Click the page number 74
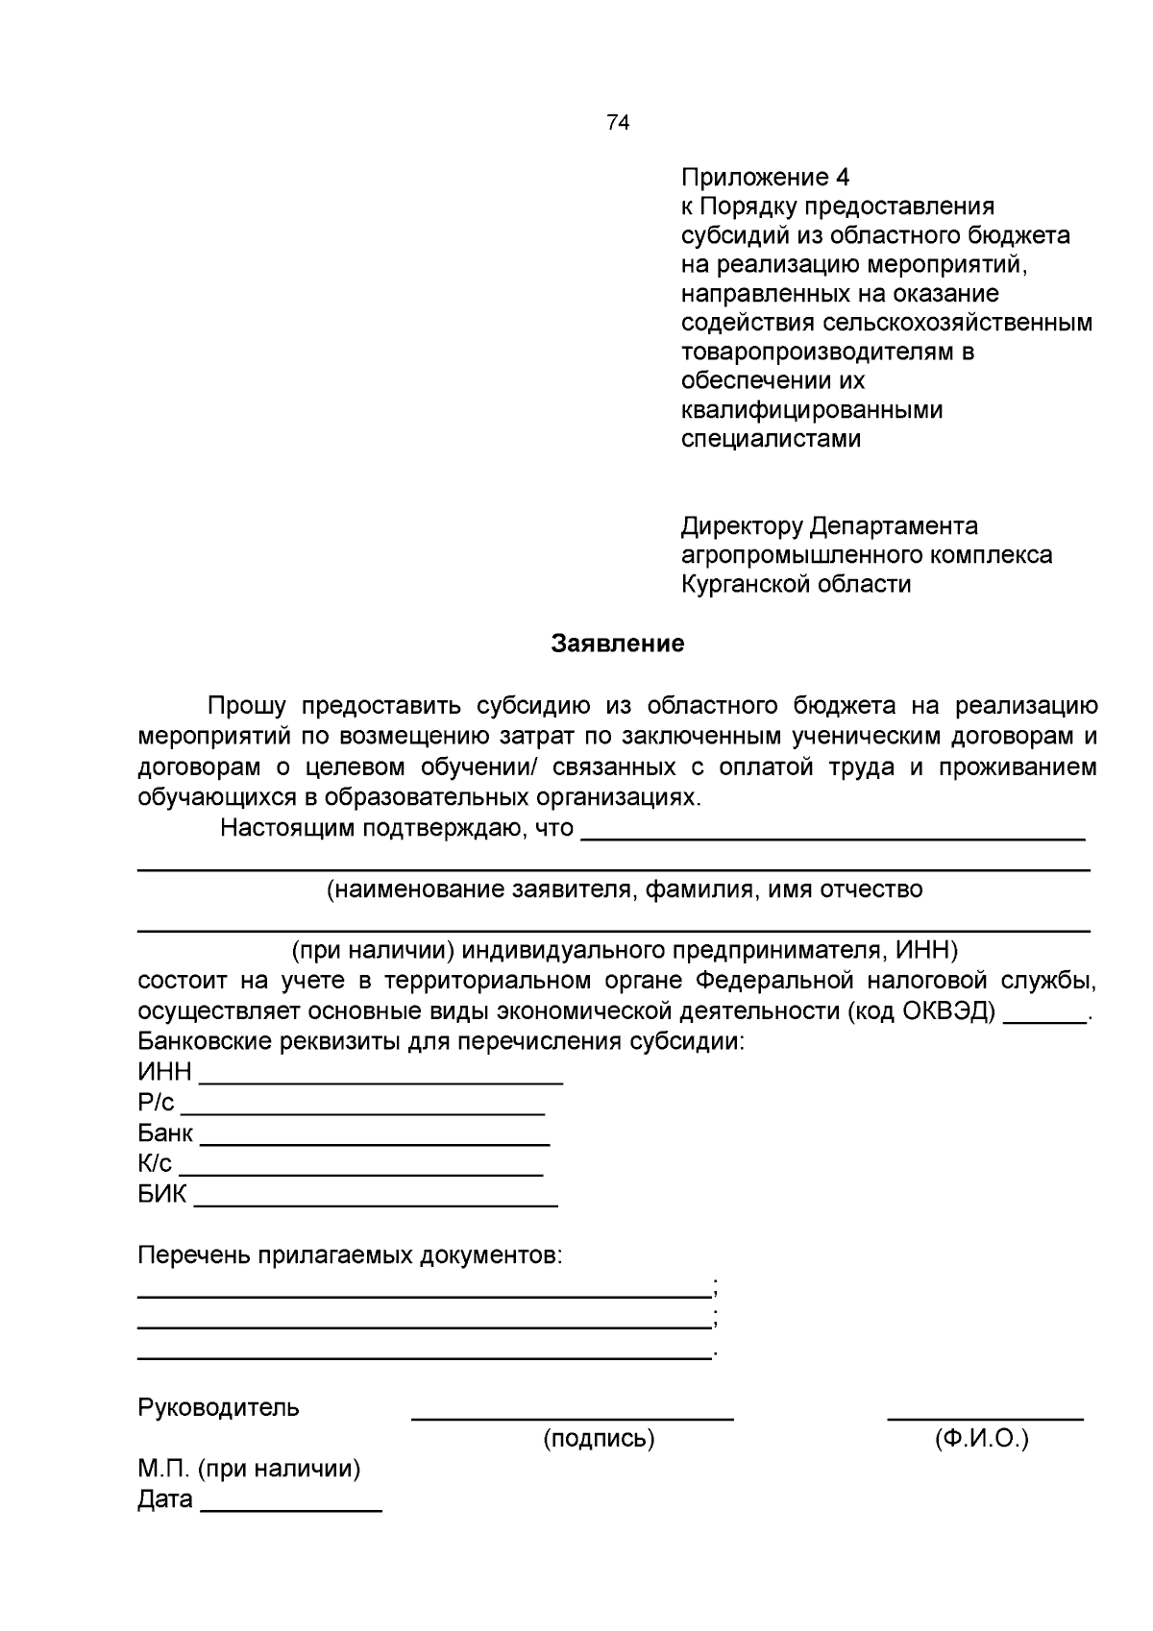click(x=618, y=123)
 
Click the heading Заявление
click(x=618, y=644)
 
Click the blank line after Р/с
click(x=363, y=1109)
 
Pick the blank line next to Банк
click(x=375, y=1140)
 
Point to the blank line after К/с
click(x=361, y=1171)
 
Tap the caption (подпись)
click(x=599, y=1439)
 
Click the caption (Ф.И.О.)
click(x=981, y=1439)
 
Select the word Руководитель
click(x=219, y=1408)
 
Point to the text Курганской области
click(x=796, y=584)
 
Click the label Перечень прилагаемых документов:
click(x=350, y=1255)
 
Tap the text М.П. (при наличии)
click(x=249, y=1469)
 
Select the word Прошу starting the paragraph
click(x=247, y=707)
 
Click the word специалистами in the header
click(x=771, y=439)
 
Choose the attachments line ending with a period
click(x=424, y=1355)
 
